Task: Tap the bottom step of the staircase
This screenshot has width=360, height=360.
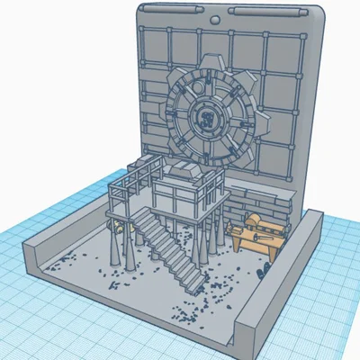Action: click(x=192, y=286)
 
